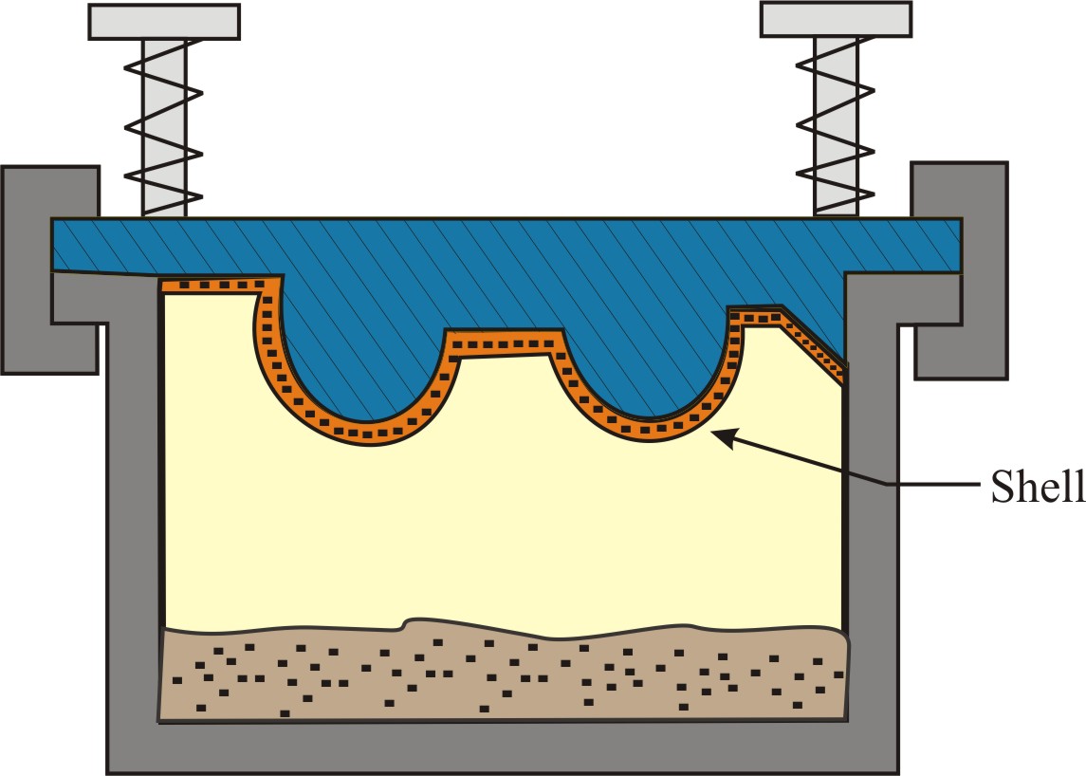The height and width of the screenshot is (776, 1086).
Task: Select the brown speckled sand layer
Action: click(x=503, y=674)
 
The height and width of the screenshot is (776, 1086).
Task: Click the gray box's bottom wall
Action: click(x=503, y=749)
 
